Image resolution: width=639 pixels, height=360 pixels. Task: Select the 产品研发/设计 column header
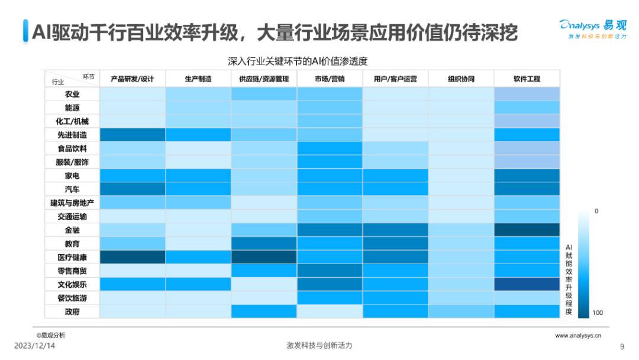coord(133,79)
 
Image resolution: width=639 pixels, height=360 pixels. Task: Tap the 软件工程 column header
coord(527,79)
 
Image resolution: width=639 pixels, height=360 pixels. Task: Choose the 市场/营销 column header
coord(330,79)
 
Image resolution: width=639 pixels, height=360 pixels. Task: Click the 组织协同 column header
coord(461,79)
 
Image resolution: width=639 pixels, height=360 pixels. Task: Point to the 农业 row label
coord(72,94)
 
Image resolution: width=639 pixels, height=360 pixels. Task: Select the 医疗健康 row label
coord(72,258)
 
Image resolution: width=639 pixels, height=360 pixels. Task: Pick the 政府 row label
coord(72,312)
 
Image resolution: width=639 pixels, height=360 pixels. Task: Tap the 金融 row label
coord(72,230)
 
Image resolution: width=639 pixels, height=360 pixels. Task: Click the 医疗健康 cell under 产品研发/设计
coord(133,258)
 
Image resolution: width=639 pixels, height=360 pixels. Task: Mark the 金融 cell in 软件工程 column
coord(527,230)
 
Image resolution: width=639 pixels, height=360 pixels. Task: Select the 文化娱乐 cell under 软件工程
coord(527,285)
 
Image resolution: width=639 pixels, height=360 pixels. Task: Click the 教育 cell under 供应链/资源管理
coord(264,244)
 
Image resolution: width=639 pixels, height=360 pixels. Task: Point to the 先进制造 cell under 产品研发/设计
coord(133,135)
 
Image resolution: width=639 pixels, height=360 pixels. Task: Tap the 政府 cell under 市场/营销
coord(330,312)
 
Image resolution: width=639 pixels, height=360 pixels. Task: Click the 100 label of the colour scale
coord(597,313)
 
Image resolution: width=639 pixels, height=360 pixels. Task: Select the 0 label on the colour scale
coord(596,211)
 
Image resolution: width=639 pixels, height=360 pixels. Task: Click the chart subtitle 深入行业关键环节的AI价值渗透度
coord(302,61)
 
